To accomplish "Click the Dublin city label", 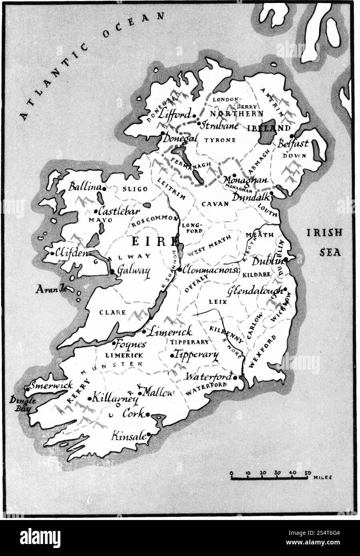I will tap(267, 261).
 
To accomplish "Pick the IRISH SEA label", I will tap(324, 242).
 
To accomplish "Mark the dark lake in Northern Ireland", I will tap(266, 131).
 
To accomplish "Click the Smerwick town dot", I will tap(27, 388).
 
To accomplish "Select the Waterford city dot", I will tap(236, 377).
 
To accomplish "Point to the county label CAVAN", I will tap(215, 204).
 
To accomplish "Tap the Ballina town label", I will tap(84, 187).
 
